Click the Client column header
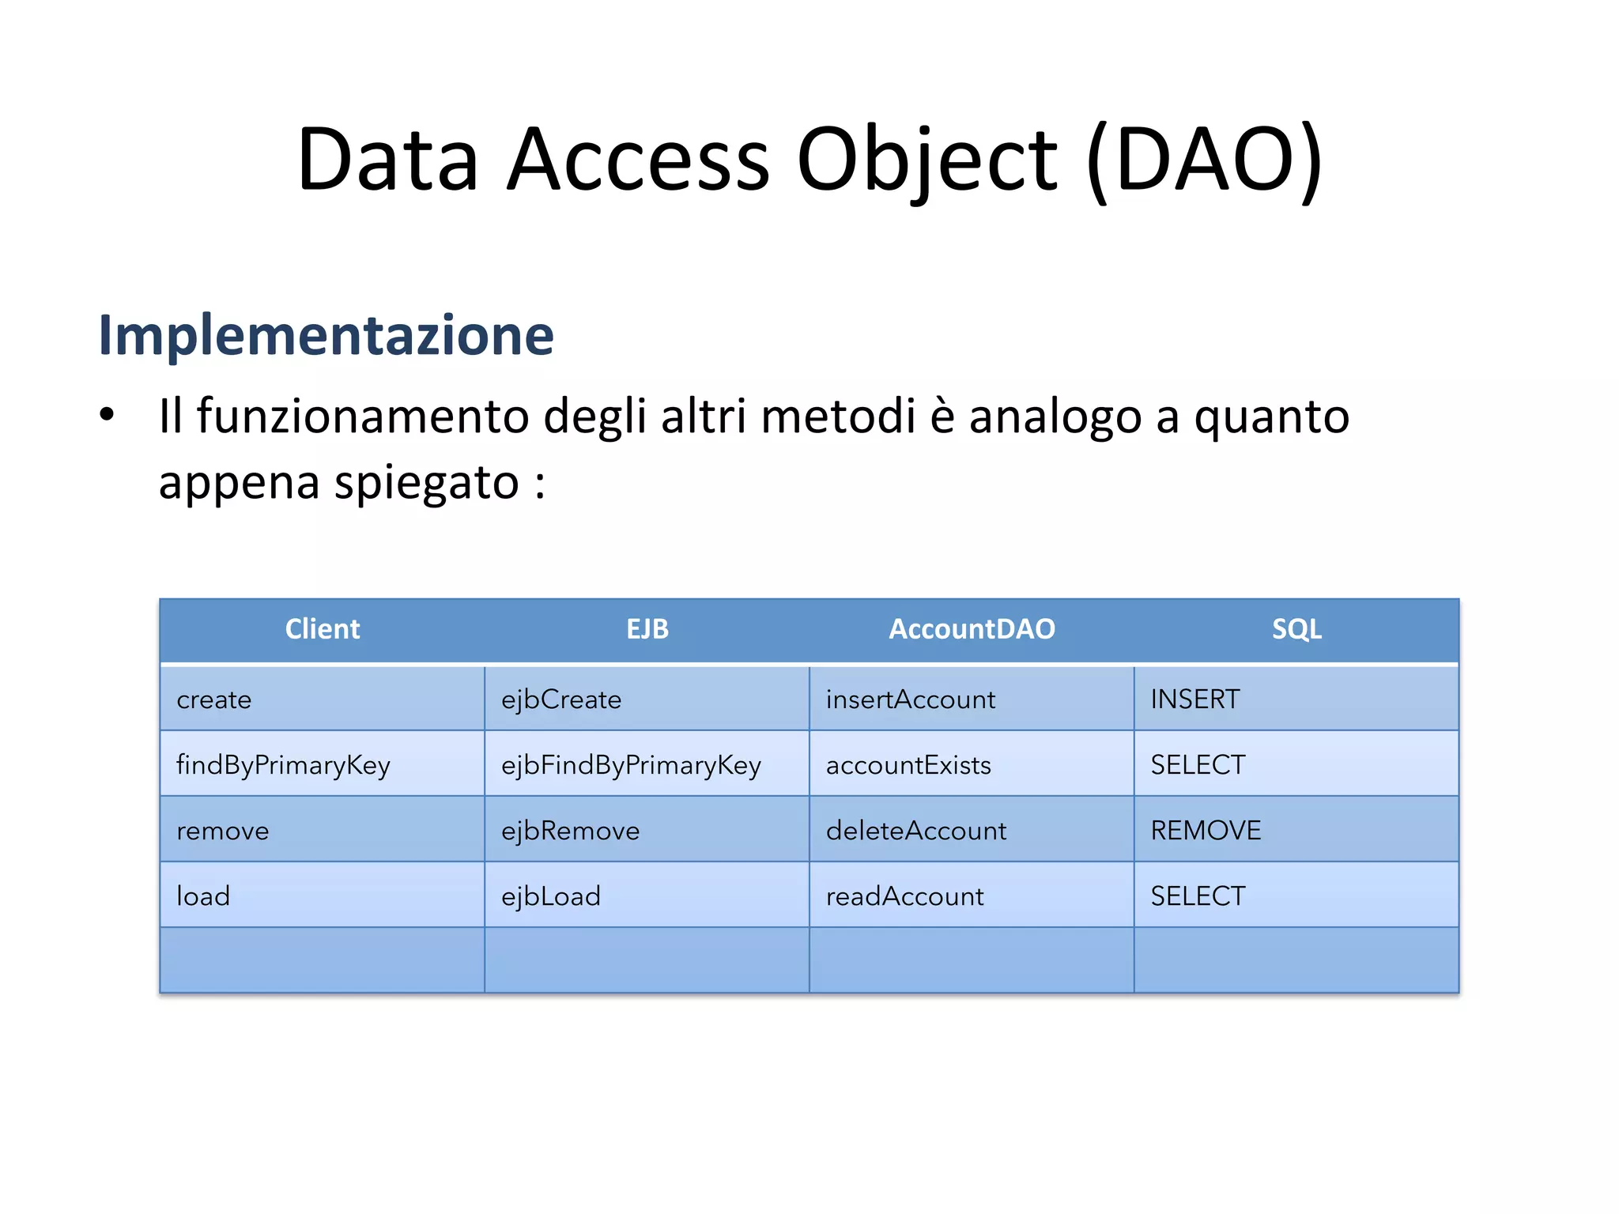pos(323,629)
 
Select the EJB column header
pos(647,629)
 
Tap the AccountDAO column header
pos(972,629)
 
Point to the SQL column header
pos(1296,629)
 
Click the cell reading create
pos(214,699)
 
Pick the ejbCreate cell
pos(561,699)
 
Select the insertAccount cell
pos(911,699)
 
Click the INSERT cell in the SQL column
pos(1195,699)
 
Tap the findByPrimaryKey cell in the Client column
pos(283,765)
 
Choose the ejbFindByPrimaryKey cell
pos(631,765)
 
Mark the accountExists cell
pos(908,765)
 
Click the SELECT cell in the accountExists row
pos(1198,765)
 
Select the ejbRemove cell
pos(570,831)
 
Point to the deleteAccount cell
pos(916,831)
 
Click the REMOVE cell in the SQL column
pos(1206,831)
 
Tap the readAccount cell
pos(905,896)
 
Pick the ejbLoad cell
pos(551,896)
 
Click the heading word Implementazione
pos(326,335)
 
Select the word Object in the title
pos(926,160)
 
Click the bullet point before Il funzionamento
pos(108,414)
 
